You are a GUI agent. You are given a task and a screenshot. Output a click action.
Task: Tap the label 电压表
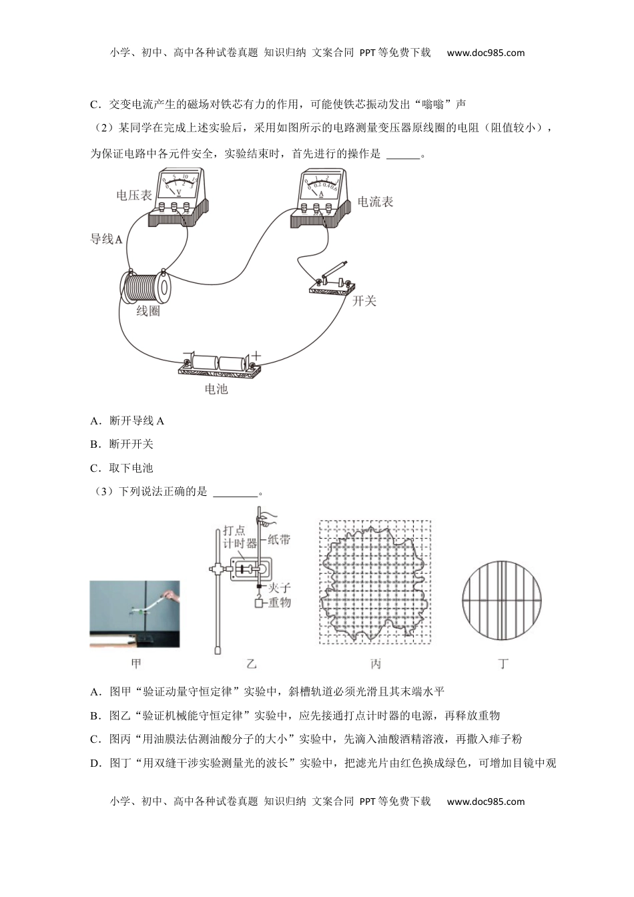coord(133,195)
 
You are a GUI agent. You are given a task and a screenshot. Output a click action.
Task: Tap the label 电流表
coord(375,202)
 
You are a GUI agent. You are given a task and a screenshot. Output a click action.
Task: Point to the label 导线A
coord(106,238)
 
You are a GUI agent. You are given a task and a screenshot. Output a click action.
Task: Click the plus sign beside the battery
coord(256,356)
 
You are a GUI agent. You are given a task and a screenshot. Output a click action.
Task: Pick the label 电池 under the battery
coord(216,388)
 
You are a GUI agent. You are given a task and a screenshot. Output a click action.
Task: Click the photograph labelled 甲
coord(135,614)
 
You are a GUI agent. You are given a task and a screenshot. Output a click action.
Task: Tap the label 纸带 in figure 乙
coord(279,539)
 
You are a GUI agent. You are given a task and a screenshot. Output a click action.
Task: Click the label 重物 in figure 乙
coord(279,602)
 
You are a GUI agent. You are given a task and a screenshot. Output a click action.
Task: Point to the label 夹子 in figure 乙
coord(279,587)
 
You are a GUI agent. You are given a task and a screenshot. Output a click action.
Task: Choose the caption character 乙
coord(251,663)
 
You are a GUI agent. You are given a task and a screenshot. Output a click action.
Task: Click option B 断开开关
coord(131,444)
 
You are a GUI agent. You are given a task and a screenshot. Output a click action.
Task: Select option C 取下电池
coord(131,468)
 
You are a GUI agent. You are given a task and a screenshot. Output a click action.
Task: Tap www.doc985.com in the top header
coord(485,53)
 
